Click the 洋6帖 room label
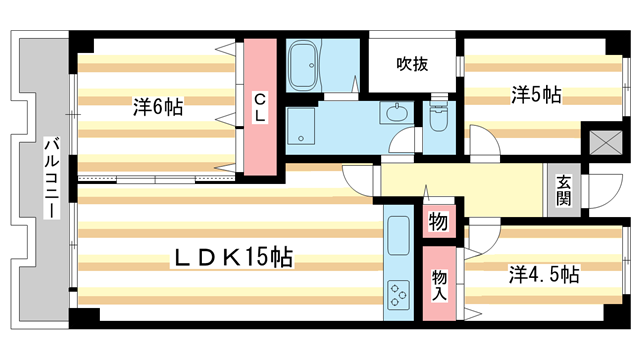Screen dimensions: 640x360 (x=158, y=107)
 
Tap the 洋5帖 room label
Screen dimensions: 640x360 (x=536, y=95)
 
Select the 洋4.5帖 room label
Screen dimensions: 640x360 (x=544, y=274)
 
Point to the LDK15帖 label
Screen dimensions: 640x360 (x=233, y=258)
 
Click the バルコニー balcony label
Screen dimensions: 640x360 (x=52, y=178)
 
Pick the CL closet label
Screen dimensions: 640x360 (x=260, y=107)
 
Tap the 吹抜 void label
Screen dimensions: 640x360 (x=412, y=64)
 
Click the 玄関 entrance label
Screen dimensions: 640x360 (x=563, y=190)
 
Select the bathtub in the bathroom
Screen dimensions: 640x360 (x=303, y=66)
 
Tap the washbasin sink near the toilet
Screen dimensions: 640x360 (x=395, y=112)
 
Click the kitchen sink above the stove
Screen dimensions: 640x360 (x=398, y=236)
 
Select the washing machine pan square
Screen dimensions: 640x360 (x=301, y=126)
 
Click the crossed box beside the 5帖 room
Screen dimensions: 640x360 (x=606, y=142)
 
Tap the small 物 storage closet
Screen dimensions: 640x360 (x=438, y=222)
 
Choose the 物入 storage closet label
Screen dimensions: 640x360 (x=439, y=285)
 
